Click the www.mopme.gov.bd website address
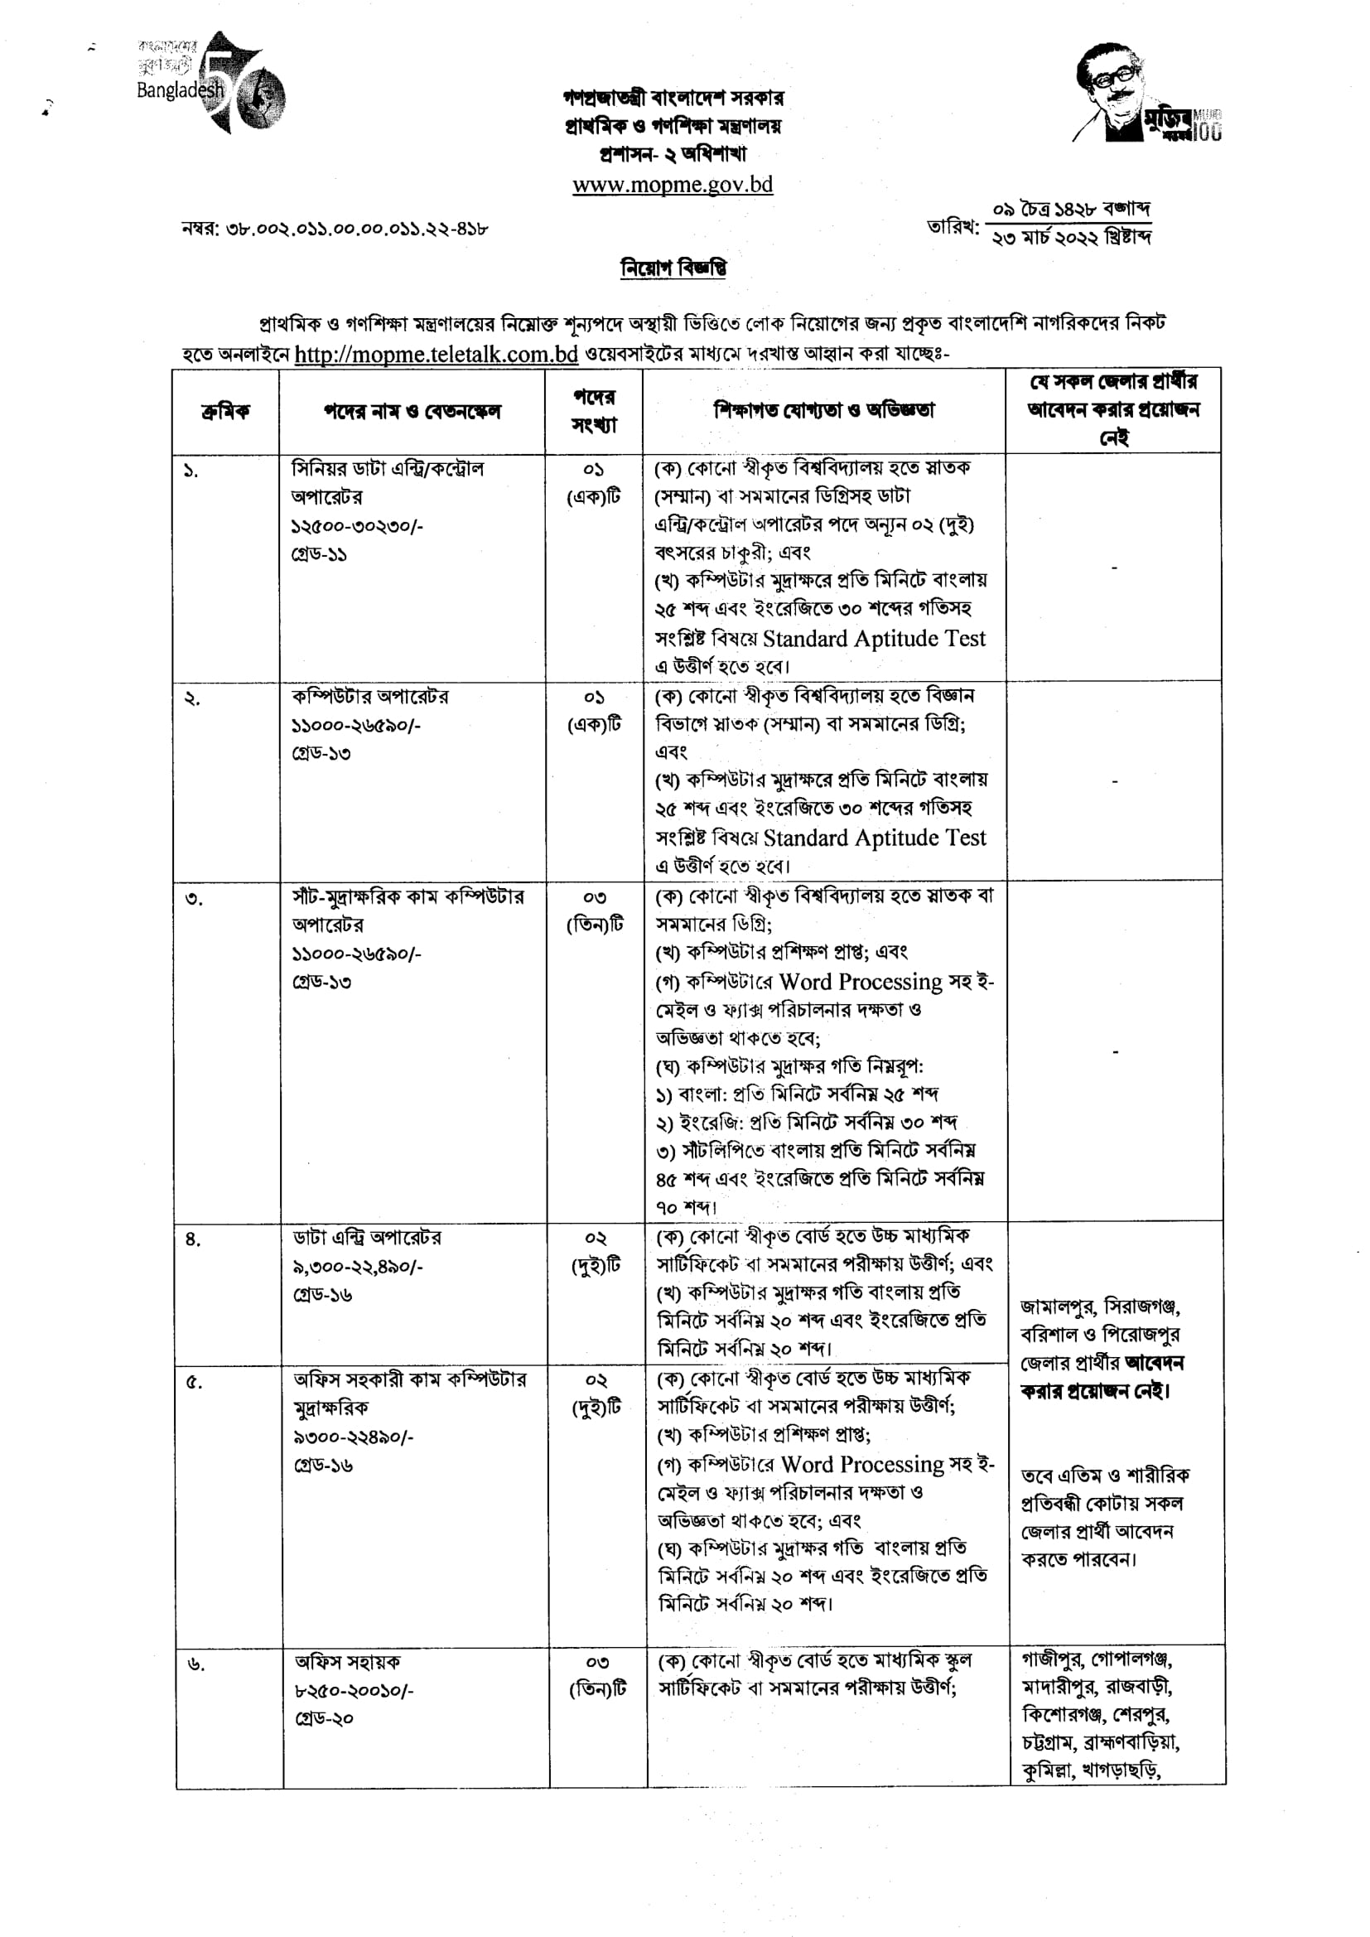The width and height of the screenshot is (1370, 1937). (673, 185)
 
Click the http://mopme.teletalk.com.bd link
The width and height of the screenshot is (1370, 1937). (437, 355)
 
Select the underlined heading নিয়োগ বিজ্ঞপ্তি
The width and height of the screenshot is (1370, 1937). (673, 268)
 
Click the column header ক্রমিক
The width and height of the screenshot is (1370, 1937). (225, 412)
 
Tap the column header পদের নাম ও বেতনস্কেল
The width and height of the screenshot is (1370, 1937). (412, 412)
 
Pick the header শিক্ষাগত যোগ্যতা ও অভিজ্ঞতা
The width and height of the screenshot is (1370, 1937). (823, 411)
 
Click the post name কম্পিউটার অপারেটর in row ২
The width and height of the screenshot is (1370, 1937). (369, 697)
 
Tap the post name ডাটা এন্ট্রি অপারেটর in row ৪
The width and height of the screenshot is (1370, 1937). (367, 1238)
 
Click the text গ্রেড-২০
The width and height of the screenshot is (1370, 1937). (324, 1718)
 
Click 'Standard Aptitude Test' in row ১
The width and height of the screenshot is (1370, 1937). (874, 639)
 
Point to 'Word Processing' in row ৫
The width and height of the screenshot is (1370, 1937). (862, 1464)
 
